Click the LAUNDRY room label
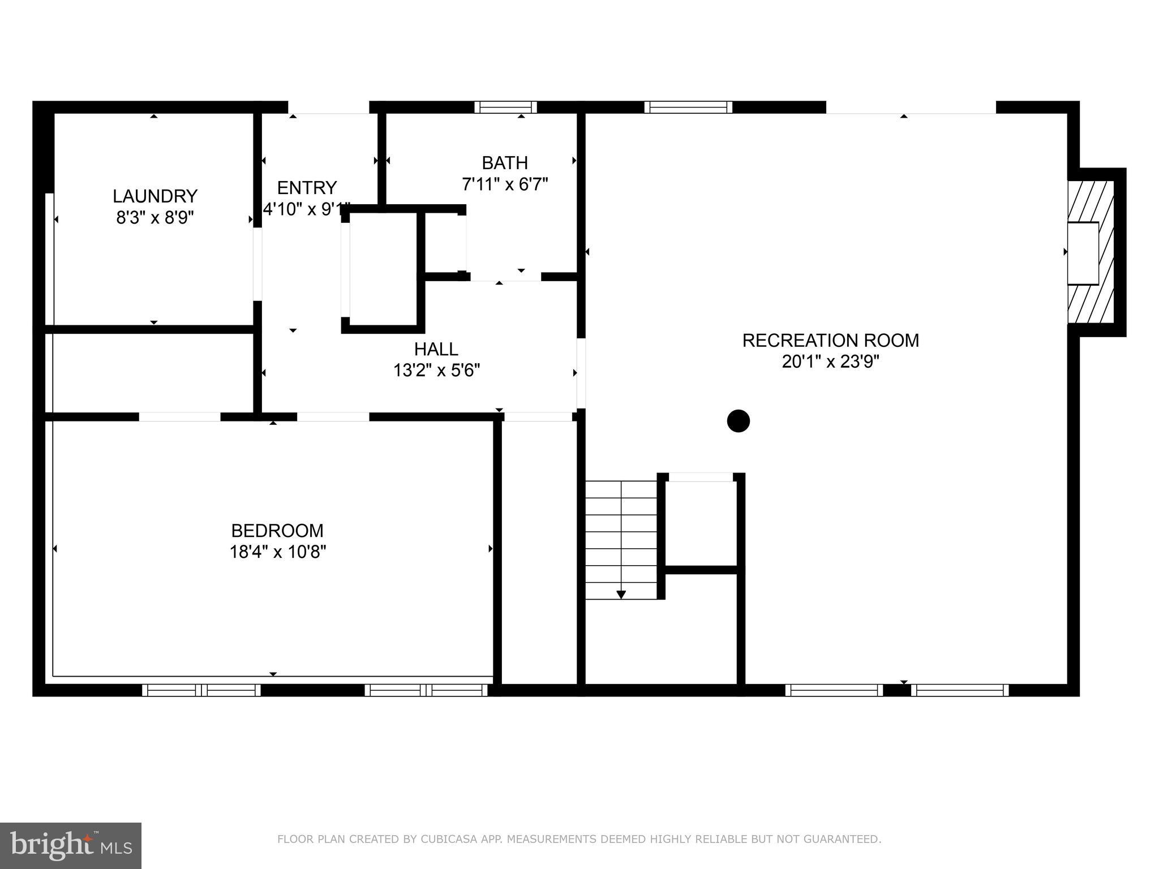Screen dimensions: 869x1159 point(154,196)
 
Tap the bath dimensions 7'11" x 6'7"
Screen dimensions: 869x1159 point(505,184)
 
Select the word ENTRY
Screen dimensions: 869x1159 point(307,187)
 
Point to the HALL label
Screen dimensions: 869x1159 point(436,349)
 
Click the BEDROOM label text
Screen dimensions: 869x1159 point(277,531)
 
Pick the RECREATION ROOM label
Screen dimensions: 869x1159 point(830,341)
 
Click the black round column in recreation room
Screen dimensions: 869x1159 point(738,421)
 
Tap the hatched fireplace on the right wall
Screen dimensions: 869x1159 point(1091,252)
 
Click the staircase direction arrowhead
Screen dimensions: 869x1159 point(621,595)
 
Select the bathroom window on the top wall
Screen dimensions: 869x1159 point(505,107)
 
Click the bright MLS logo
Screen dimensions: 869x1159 point(70,845)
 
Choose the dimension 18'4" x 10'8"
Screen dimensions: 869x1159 point(277,552)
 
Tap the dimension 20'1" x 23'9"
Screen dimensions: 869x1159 point(830,362)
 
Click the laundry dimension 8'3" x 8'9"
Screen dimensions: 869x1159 point(154,217)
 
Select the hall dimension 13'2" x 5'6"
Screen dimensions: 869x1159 point(436,371)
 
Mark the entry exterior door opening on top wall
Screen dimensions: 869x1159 point(328,107)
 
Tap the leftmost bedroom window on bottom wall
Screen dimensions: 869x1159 point(201,690)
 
